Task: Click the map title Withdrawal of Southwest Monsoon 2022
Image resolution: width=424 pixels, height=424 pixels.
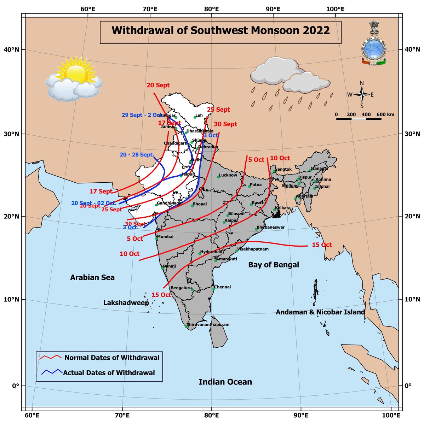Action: (x=220, y=31)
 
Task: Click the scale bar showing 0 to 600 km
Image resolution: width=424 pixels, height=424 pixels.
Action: (x=358, y=119)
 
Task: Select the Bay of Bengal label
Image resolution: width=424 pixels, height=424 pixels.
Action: (x=274, y=265)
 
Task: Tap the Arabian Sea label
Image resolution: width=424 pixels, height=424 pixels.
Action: (x=92, y=277)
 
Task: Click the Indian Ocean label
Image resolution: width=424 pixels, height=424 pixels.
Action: (x=225, y=382)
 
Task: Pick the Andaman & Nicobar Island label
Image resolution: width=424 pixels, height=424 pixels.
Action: (x=320, y=312)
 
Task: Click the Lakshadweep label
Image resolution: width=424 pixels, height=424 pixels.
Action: (x=126, y=303)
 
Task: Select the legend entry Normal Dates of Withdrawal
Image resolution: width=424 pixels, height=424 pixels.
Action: (x=112, y=358)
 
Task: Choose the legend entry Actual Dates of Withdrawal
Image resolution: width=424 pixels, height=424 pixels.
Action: (x=109, y=372)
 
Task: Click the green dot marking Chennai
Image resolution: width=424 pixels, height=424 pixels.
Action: (x=214, y=289)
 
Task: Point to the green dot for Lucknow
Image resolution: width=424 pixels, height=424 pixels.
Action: (x=218, y=177)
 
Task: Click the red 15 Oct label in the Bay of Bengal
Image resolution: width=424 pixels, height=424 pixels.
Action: (x=322, y=245)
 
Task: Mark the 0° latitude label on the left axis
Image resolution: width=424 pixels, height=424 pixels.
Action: (x=15, y=385)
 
